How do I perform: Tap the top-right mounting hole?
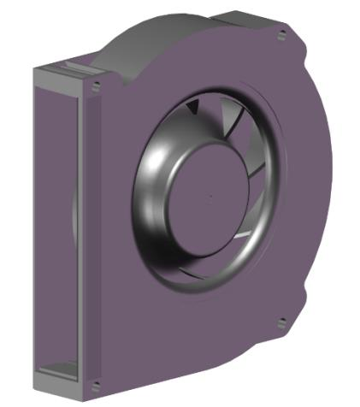281,35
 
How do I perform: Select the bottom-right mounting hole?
282,323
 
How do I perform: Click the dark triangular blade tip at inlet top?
192,107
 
